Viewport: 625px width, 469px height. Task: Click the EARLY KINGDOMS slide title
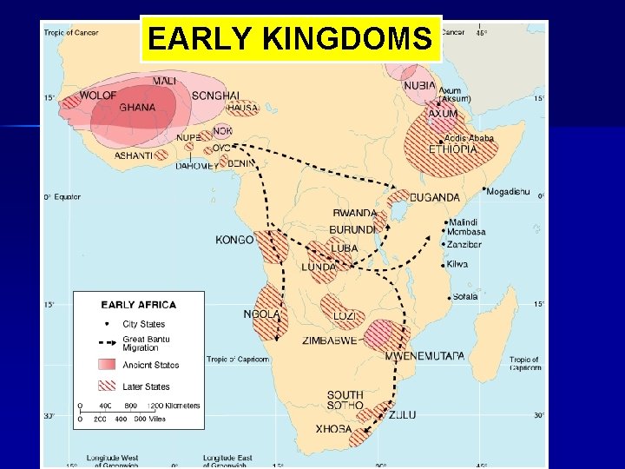click(x=290, y=39)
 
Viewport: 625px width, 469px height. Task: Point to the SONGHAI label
click(x=216, y=96)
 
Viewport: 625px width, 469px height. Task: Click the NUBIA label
click(x=419, y=85)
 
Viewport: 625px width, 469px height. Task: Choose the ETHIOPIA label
click(x=453, y=149)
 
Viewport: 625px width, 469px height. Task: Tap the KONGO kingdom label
click(x=234, y=240)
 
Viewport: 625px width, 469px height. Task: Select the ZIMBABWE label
click(x=330, y=341)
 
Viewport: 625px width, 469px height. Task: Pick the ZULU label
click(x=402, y=415)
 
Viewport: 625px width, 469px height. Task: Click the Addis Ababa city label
click(x=469, y=138)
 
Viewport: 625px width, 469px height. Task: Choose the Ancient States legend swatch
click(x=108, y=364)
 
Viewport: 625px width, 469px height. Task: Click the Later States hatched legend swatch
click(x=108, y=386)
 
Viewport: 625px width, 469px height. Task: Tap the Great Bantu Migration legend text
click(x=146, y=343)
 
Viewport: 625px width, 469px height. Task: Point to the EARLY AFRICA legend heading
click(x=139, y=305)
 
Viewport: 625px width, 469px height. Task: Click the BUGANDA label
click(x=435, y=197)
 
